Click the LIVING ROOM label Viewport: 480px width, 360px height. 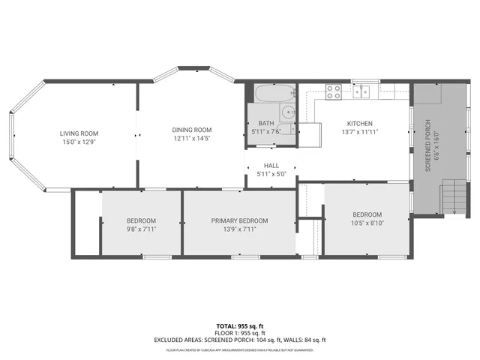79,133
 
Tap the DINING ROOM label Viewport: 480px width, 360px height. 192,129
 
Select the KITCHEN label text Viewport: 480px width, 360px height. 359,124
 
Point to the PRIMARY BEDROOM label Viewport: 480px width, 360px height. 239,220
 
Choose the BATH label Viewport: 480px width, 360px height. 266,123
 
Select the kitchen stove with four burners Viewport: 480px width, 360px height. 334,91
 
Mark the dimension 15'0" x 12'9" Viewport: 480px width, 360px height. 79,141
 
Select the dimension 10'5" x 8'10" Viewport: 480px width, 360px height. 367,222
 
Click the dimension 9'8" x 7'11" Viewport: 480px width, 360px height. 141,229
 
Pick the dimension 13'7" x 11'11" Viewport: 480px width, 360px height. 359,132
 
